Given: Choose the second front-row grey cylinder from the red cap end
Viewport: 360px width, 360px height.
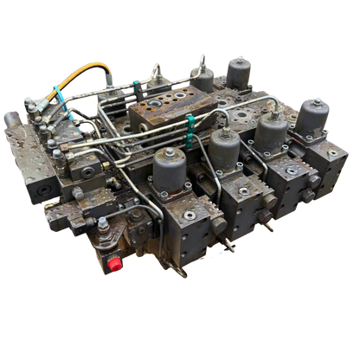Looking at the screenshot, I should point(222,146).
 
